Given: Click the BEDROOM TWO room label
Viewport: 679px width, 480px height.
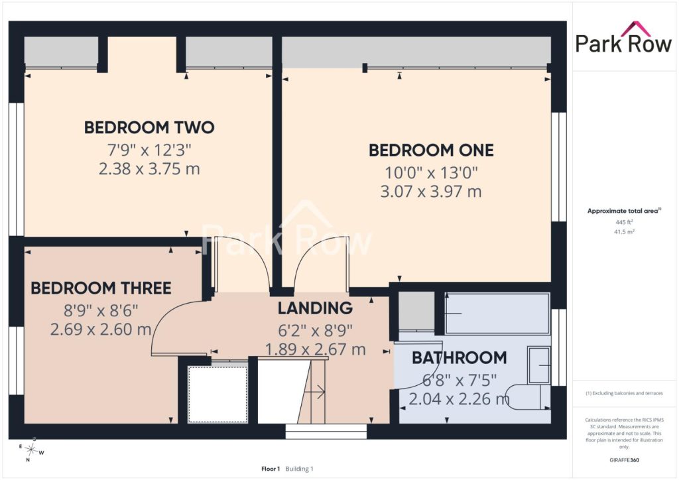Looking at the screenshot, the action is tap(149, 128).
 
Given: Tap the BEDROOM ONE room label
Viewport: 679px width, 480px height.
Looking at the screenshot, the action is tap(431, 150).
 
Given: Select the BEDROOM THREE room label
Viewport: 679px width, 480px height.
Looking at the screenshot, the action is tap(101, 288).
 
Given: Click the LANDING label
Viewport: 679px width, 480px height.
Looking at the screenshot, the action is tap(315, 308).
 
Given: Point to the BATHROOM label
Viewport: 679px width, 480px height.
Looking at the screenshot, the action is tap(459, 358).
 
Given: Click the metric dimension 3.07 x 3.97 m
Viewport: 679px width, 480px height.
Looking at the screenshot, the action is tap(431, 192).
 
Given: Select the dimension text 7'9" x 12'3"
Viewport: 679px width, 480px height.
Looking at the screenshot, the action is tap(149, 150).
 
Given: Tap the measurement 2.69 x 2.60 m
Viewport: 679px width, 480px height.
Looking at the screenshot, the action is tap(101, 330).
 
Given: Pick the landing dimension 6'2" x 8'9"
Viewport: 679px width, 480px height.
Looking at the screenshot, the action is tap(315, 331).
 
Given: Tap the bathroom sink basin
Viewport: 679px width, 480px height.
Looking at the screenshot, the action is tap(539, 365).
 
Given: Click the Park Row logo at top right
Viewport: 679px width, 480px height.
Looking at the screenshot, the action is tap(623, 38).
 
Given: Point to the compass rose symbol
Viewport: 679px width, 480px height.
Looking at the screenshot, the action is tap(31, 450).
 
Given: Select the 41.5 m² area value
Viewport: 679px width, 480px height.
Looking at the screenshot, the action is tap(624, 231).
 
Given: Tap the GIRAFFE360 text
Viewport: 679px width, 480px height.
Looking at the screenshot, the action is tap(624, 460).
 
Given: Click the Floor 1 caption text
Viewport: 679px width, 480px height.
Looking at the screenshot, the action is tap(271, 469).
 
